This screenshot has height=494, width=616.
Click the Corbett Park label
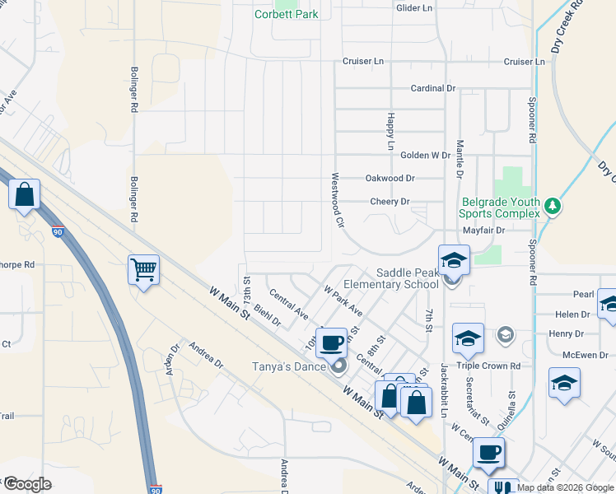click(286, 14)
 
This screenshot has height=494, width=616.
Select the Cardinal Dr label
click(433, 88)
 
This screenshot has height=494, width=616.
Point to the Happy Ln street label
click(391, 131)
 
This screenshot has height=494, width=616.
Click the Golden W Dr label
click(425, 155)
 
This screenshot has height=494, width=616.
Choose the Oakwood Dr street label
click(390, 178)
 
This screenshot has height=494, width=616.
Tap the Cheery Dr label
click(390, 202)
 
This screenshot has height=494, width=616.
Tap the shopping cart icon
click(143, 268)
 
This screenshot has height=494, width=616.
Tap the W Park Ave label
click(343, 301)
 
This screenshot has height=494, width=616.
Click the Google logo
click(27, 483)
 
